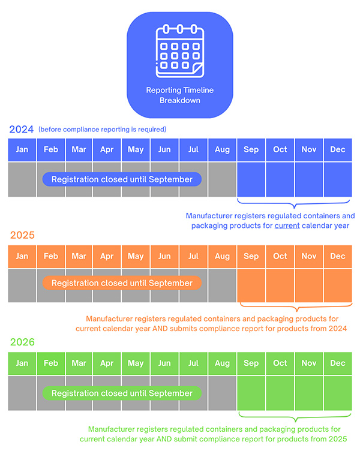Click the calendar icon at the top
pyautogui.click(x=179, y=52)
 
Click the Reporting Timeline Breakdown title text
pyautogui.click(x=179, y=95)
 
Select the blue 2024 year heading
pyautogui.click(x=21, y=129)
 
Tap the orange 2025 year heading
pyautogui.click(x=22, y=235)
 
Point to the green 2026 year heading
pyautogui.click(x=22, y=342)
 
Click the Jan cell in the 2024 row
pyautogui.click(x=22, y=149)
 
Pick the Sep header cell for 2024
pyautogui.click(x=251, y=149)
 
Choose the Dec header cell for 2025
pyautogui.click(x=338, y=256)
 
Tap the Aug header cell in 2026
pyautogui.click(x=222, y=363)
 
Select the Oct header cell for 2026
pyautogui.click(x=280, y=363)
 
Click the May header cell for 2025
pyautogui.click(x=136, y=256)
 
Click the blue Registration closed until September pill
pyautogui.click(x=122, y=179)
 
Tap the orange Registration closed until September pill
pyautogui.click(x=122, y=283)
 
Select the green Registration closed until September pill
pyautogui.click(x=122, y=393)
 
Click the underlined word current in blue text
pyautogui.click(x=287, y=226)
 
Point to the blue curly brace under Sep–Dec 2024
pyautogui.click(x=294, y=202)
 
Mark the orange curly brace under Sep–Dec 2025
pyautogui.click(x=294, y=307)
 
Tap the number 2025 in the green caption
pyautogui.click(x=336, y=439)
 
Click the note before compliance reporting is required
pyautogui.click(x=102, y=130)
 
